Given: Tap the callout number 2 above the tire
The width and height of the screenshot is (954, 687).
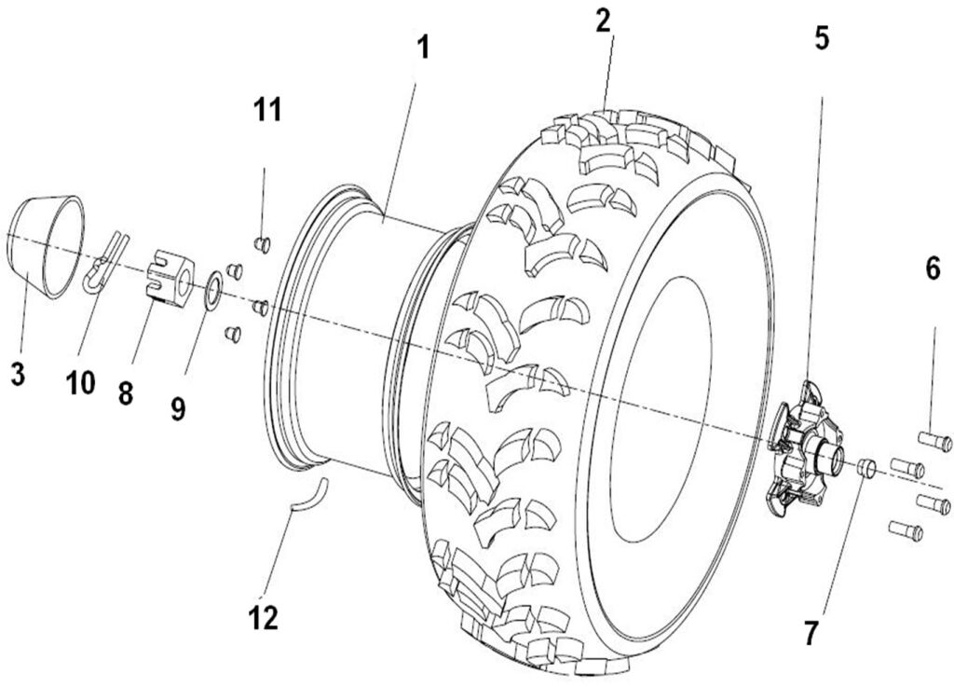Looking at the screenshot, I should pos(605,21).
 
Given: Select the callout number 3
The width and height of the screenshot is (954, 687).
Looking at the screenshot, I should pos(18,374).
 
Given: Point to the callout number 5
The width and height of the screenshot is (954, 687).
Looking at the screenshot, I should pos(821,38).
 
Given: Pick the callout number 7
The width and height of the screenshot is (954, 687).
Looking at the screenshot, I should pos(811,633).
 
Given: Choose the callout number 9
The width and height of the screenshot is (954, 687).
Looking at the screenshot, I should pos(177,407).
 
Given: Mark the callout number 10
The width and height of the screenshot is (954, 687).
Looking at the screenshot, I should pos(81,382).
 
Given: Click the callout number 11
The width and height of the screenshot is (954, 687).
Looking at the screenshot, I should pos(266,109).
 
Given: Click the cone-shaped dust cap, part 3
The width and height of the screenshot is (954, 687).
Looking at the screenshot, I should pos(46,247).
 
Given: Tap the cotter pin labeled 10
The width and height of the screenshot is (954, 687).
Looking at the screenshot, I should pos(102,263).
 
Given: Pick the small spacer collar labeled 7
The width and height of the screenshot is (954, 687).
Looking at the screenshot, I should pos(866,467).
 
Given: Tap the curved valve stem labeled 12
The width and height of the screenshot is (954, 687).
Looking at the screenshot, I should pos(309,493).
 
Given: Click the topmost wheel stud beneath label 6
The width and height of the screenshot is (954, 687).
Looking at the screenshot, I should pos(934,442).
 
